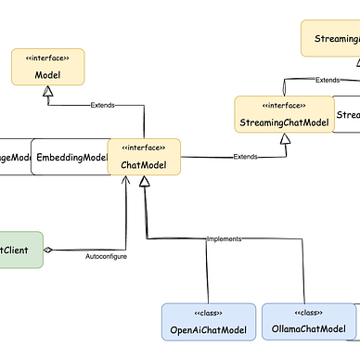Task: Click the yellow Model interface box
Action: pos(47,67)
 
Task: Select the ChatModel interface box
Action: pos(144,158)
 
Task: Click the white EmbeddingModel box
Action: pos(71,158)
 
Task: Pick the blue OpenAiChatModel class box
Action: pos(208,322)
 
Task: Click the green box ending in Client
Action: pos(19,249)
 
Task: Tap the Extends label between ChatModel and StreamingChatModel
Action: pos(245,155)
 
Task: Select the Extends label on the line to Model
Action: pos(103,105)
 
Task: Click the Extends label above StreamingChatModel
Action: pos(328,81)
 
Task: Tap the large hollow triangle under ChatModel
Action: pos(144,184)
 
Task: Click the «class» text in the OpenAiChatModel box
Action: pos(208,313)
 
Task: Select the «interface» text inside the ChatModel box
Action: pos(144,148)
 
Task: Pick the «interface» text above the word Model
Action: pos(47,58)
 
